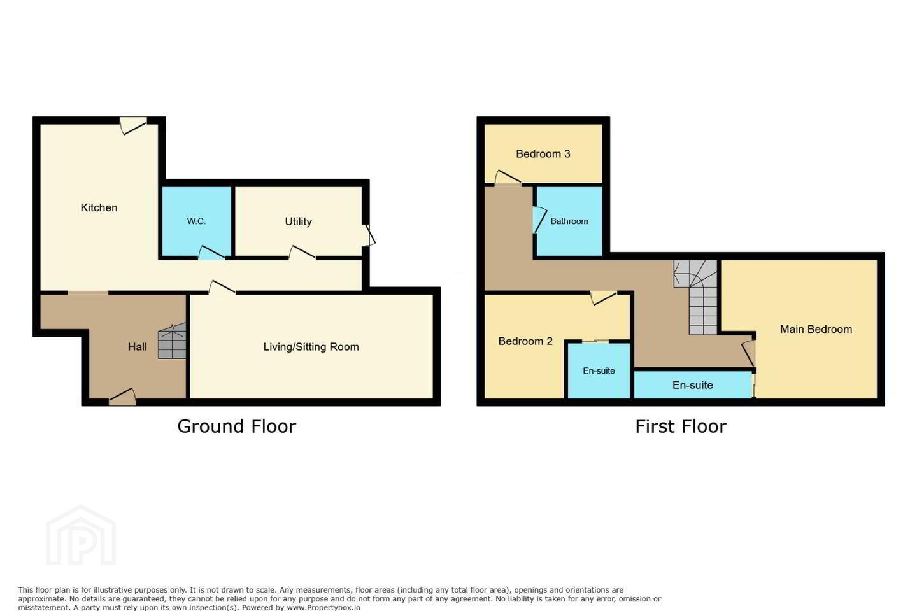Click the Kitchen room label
99,207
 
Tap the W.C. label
196,221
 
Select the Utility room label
298,221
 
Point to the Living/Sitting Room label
311,347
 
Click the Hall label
137,347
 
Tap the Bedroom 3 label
543,154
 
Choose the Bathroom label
569,221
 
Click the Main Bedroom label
816,329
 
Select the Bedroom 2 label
525,341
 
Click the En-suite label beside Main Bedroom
693,384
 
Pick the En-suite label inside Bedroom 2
599,370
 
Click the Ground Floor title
237,426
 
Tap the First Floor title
681,426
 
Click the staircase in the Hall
173,341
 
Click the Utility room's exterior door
369,235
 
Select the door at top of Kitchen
133,125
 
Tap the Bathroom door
539,221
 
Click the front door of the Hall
122,397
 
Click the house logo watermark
81,535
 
